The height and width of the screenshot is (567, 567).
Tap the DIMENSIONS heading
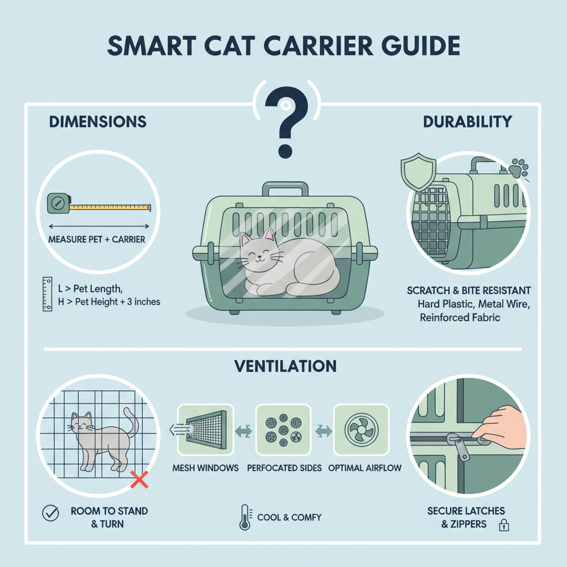97,121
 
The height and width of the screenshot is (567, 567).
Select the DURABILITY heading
467,121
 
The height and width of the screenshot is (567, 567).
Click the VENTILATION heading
285,366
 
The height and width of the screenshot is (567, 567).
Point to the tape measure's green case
59,203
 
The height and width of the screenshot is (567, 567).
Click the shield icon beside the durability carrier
419,172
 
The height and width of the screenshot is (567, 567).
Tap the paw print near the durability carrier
518,168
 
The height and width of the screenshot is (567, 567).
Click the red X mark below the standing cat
139,480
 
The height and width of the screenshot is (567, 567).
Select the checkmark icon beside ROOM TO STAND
50,513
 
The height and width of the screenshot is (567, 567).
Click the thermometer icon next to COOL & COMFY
245,518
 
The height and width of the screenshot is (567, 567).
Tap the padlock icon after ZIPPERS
504,525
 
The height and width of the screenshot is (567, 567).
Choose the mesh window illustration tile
205,430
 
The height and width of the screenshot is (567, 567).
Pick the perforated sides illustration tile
283,430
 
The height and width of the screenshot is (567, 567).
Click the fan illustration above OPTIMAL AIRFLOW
361,430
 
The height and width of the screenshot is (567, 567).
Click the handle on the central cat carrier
285,188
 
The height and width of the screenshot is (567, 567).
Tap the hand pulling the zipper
500,426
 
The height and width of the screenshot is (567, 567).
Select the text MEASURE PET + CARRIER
96,239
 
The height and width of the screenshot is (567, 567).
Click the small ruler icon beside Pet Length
48,294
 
